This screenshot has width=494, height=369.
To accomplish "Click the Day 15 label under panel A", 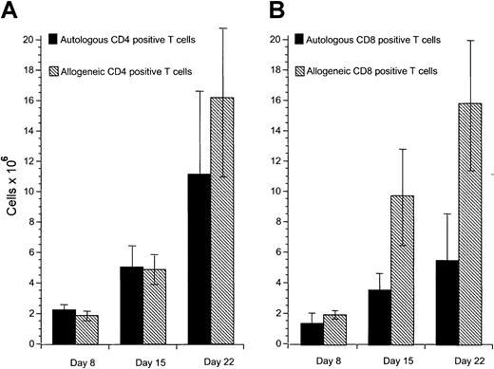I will tap(143, 360).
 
